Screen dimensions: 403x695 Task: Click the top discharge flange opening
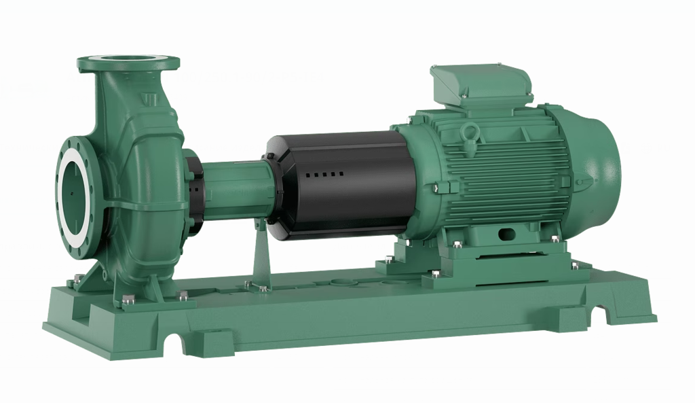tap(128, 61)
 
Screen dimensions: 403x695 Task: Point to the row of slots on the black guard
tap(324, 175)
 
